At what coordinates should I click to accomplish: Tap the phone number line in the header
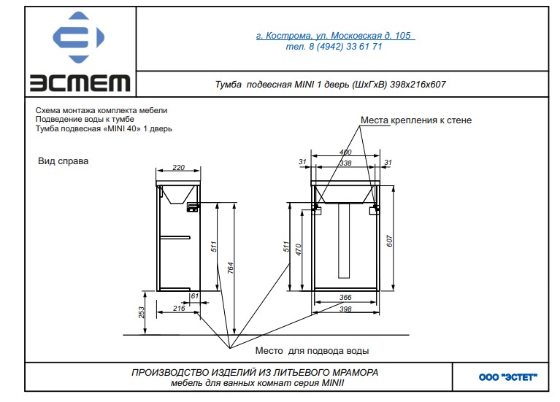tap(335, 46)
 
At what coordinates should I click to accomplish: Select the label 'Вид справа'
tap(63, 161)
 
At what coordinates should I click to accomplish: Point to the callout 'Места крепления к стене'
tap(415, 120)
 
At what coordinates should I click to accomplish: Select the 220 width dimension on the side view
tap(178, 168)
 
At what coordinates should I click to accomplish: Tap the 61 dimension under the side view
tap(194, 297)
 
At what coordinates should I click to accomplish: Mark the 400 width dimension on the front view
tap(345, 152)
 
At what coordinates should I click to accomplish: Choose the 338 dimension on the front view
tap(345, 162)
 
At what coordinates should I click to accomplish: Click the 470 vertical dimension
tap(299, 248)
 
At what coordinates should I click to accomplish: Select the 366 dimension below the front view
tap(345, 298)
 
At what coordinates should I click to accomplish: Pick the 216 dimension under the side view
tap(177, 309)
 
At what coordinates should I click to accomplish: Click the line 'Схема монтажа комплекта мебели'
tap(101, 110)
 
